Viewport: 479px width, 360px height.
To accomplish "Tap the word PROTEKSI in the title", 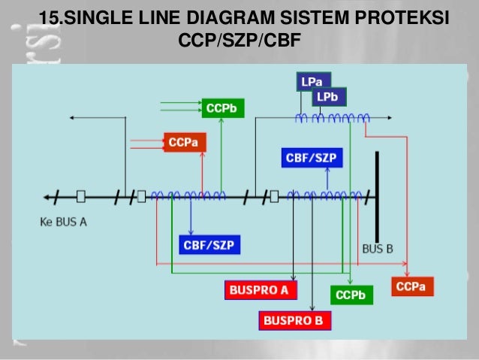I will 405,17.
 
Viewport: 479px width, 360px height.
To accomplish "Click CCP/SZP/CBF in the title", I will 239,39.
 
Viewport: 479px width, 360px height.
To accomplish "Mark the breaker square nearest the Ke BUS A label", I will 81,197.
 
